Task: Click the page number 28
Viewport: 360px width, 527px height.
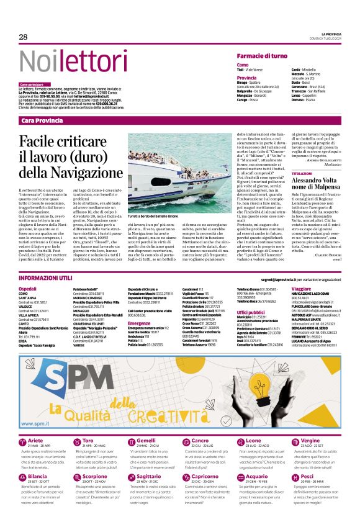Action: pos(24,37)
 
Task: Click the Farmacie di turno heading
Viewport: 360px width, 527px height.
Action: pos(261,56)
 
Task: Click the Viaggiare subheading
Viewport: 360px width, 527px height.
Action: pos(301,289)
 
